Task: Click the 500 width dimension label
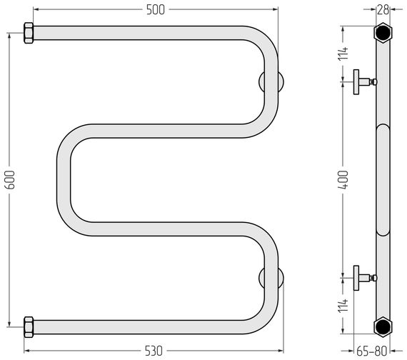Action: tap(156, 10)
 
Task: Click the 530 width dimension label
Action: tap(154, 351)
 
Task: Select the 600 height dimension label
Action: tap(10, 179)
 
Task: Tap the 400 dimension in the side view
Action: tap(343, 179)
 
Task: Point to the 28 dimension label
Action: tap(383, 10)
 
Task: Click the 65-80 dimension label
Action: tap(372, 351)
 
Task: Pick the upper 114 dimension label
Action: tap(343, 54)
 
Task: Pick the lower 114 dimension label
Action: tap(343, 306)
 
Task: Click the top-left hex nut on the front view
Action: tap(29, 33)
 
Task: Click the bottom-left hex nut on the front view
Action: tap(29, 327)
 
